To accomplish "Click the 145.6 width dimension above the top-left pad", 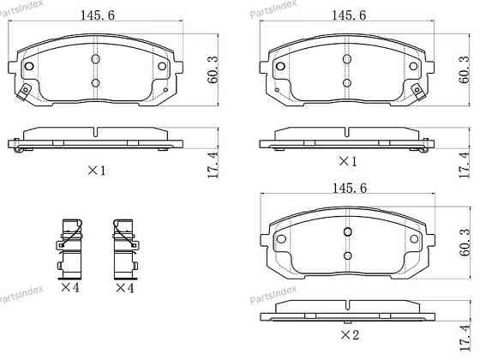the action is (98, 15).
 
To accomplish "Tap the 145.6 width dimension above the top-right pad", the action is (349, 15).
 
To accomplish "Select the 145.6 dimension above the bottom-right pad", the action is (350, 188).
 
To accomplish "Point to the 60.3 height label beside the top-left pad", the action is (213, 69).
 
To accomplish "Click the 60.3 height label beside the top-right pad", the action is (465, 69).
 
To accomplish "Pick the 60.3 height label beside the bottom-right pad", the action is (465, 243).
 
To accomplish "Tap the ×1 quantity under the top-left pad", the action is (97, 171).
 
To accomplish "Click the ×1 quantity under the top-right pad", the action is (348, 161).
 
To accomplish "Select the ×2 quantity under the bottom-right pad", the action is (350, 335).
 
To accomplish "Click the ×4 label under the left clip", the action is (70, 288).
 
